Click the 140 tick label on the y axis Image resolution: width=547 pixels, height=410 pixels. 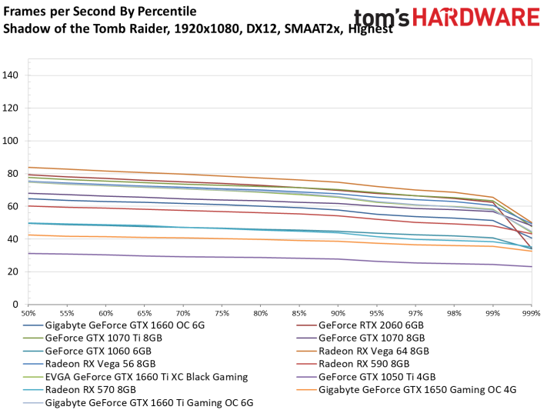tap(11, 75)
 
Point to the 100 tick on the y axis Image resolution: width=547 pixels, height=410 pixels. tap(11, 141)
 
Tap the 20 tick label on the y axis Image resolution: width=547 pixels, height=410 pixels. tap(13, 272)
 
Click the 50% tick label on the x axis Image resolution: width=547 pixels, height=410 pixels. tap(28, 314)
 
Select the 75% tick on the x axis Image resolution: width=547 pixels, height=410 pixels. tap(222, 314)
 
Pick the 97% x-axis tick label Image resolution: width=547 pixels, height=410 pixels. tap(415, 314)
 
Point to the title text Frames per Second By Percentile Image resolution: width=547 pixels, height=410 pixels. tap(100, 12)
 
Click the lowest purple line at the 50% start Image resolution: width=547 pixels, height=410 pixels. tap(28, 253)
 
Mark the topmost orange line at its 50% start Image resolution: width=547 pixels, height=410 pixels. tap(28, 167)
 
